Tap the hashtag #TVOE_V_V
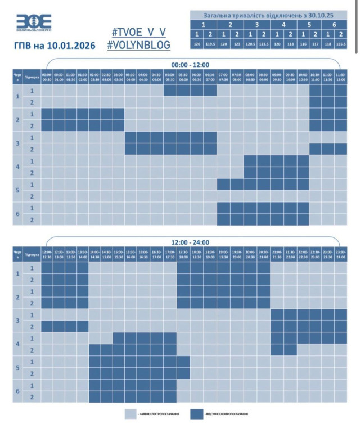click(138, 32)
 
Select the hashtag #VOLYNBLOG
click(138, 45)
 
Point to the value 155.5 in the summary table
click(340, 43)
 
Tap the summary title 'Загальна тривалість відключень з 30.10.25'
click(269, 15)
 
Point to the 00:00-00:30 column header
click(47, 76)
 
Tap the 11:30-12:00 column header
click(341, 76)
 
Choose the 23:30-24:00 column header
click(341, 254)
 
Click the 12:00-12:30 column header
click(47, 254)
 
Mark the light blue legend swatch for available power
click(130, 414)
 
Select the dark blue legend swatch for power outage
click(197, 414)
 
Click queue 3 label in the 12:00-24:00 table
click(17, 320)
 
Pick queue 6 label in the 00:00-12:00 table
click(17, 214)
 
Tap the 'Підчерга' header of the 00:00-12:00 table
click(32, 76)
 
